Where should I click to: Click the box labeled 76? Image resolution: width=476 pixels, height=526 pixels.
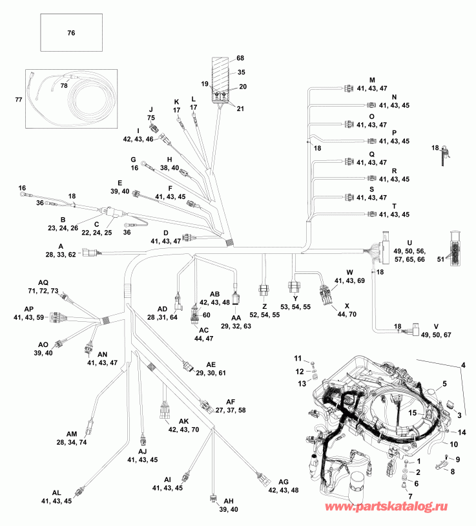tap(72, 33)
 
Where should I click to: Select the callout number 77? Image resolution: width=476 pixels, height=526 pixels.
tap(18, 99)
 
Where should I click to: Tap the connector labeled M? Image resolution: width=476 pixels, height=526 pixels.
tap(349, 89)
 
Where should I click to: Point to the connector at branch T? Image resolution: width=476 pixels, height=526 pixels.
tap(371, 214)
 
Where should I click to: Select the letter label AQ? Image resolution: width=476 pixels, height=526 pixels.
tap(43, 283)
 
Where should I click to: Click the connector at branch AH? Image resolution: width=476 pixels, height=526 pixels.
tap(212, 499)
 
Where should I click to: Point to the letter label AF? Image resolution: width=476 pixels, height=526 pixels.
tap(231, 401)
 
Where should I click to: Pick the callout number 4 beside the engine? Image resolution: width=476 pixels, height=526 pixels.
tap(462, 367)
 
